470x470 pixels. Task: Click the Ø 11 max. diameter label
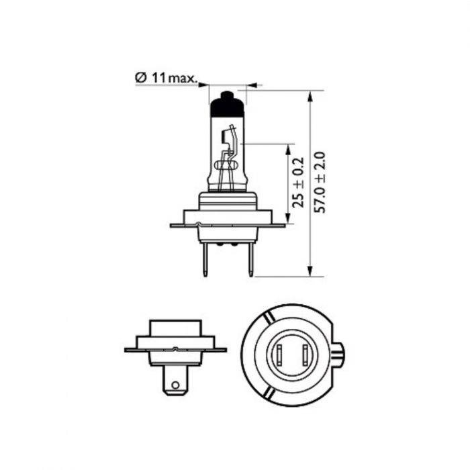click(167, 79)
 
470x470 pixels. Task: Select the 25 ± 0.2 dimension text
click(299, 182)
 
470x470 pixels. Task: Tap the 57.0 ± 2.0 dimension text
click(320, 182)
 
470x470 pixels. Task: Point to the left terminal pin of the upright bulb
click(205, 260)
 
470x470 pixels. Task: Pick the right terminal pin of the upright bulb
click(251, 260)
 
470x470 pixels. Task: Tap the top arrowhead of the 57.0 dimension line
click(310, 97)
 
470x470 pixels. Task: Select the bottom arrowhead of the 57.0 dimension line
click(310, 269)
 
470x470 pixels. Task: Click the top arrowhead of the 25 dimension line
click(289, 150)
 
